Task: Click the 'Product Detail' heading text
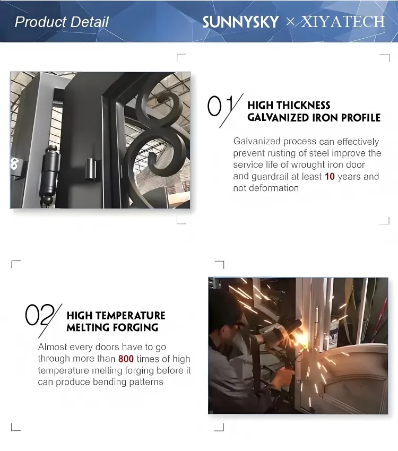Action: [x=62, y=22]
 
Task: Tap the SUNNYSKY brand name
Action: [x=241, y=22]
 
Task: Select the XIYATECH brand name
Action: [x=343, y=22]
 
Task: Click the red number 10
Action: [x=330, y=176]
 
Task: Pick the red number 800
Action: [x=126, y=359]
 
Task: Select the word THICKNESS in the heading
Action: [x=305, y=105]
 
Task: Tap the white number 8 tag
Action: [x=14, y=163]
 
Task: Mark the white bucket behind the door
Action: [x=334, y=336]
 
